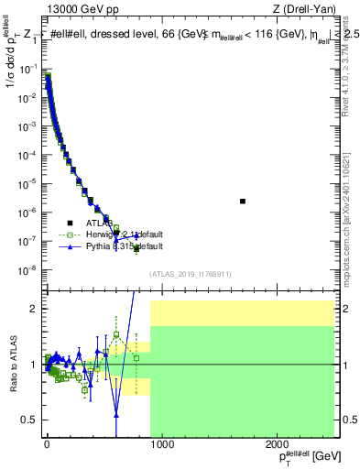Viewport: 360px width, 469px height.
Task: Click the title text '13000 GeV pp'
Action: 78,10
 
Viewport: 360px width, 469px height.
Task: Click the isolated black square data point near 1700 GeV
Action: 243,201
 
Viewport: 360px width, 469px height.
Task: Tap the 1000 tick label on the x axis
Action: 161,445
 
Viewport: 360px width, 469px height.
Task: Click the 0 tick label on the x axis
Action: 46,445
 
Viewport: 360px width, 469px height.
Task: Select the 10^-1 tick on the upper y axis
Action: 29,68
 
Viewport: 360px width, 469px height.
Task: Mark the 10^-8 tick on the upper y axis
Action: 29,269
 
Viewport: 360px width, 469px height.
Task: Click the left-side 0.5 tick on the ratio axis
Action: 31,420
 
